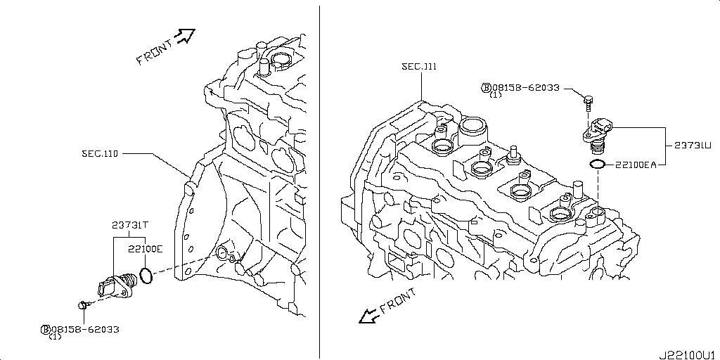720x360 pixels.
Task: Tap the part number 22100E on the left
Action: click(145, 248)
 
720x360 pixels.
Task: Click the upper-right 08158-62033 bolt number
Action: click(526, 88)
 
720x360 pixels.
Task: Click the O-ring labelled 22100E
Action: click(146, 276)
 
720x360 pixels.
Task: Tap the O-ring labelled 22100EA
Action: click(597, 165)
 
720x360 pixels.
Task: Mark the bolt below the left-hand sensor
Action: click(84, 304)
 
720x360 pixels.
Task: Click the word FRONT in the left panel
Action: click(154, 53)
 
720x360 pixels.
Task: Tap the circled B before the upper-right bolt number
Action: click(486, 88)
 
